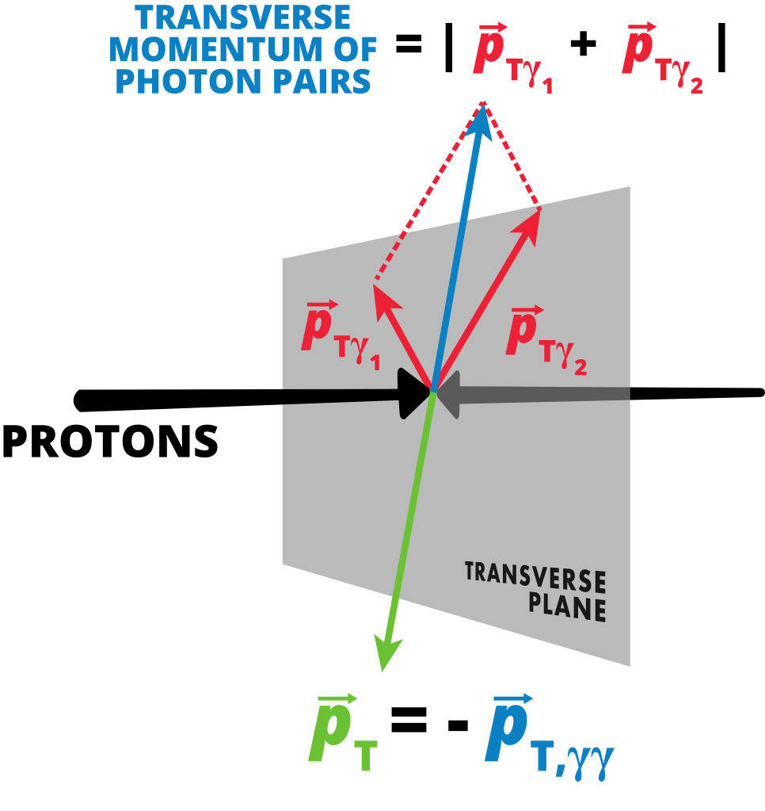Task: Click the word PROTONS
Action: point(110,442)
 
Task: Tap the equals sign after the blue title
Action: point(409,45)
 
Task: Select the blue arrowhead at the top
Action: point(481,119)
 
